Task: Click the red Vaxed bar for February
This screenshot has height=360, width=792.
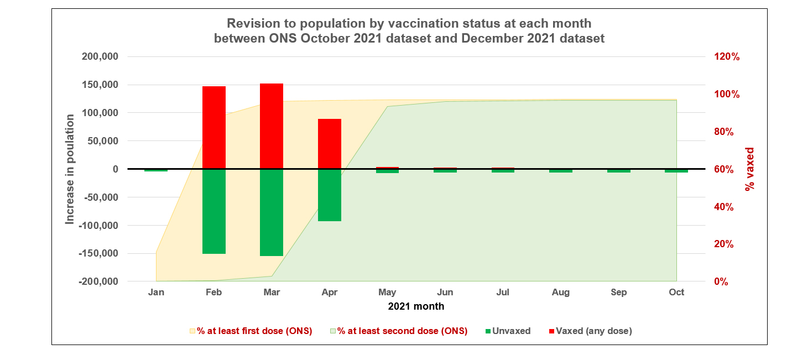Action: tap(213, 127)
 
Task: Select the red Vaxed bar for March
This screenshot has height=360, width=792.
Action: tap(272, 126)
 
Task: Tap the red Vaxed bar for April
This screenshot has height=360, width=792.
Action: tap(330, 144)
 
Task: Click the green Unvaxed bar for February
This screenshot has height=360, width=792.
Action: tap(213, 211)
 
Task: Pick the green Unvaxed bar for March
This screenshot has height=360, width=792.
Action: tap(272, 212)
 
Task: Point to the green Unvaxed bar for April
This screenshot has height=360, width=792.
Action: tap(330, 195)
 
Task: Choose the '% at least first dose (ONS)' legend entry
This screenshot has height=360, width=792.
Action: tap(251, 331)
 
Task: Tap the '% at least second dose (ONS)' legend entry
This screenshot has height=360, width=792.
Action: tap(398, 331)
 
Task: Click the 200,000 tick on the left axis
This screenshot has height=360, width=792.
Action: tap(100, 57)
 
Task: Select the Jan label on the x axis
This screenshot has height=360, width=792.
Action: tap(156, 292)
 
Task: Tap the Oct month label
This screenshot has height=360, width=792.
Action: tap(676, 292)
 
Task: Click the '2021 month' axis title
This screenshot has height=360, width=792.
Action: tap(416, 306)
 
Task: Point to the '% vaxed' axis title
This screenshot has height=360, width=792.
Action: tap(749, 169)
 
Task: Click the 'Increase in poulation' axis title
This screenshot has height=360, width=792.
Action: tap(70, 169)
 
